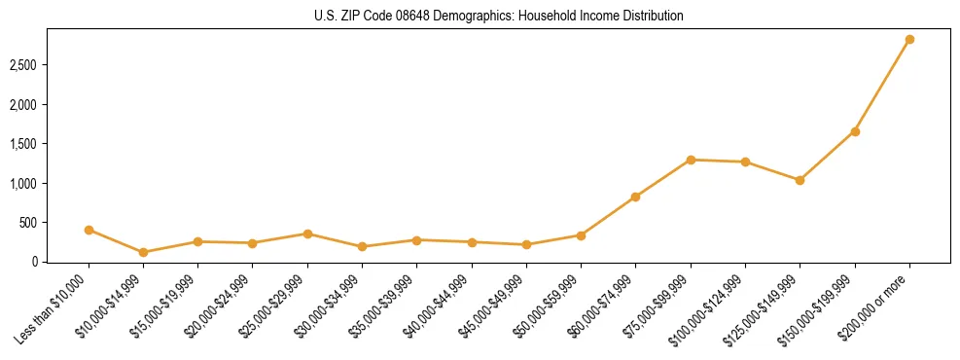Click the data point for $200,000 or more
[909, 40]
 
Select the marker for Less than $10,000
[89, 230]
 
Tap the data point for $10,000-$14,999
[143, 252]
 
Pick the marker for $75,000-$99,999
[691, 160]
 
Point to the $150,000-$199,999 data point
[855, 131]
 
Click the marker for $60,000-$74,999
[635, 197]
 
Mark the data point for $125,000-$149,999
[800, 180]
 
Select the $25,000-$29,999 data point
[307, 234]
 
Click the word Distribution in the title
[654, 17]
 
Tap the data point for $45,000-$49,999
[526, 244]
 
